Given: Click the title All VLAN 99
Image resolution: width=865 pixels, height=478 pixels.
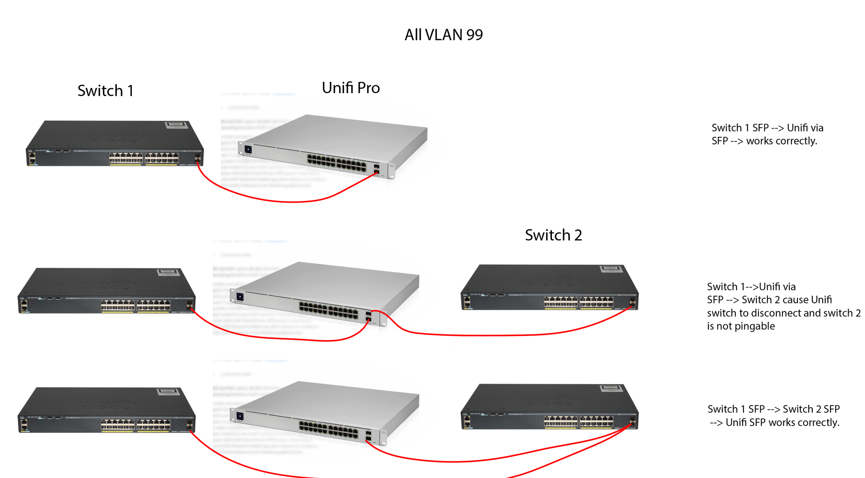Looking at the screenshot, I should [443, 35].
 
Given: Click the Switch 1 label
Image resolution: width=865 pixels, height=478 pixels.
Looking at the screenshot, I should [106, 91].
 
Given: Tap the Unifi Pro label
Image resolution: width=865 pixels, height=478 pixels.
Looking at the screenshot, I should [351, 88].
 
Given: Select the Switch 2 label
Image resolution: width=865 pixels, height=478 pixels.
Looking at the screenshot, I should [553, 235].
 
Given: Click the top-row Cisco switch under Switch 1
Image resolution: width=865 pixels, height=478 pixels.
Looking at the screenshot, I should [115, 143].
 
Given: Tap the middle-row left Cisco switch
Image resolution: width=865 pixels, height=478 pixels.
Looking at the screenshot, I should [106, 290].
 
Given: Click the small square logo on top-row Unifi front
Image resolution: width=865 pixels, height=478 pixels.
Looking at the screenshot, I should [248, 149].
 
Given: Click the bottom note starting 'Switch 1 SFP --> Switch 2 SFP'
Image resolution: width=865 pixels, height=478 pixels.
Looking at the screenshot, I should [774, 416].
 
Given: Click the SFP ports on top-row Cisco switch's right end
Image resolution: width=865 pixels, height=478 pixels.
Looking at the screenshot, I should [198, 158].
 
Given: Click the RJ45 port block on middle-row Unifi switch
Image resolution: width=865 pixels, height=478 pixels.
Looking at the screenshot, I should [329, 310].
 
